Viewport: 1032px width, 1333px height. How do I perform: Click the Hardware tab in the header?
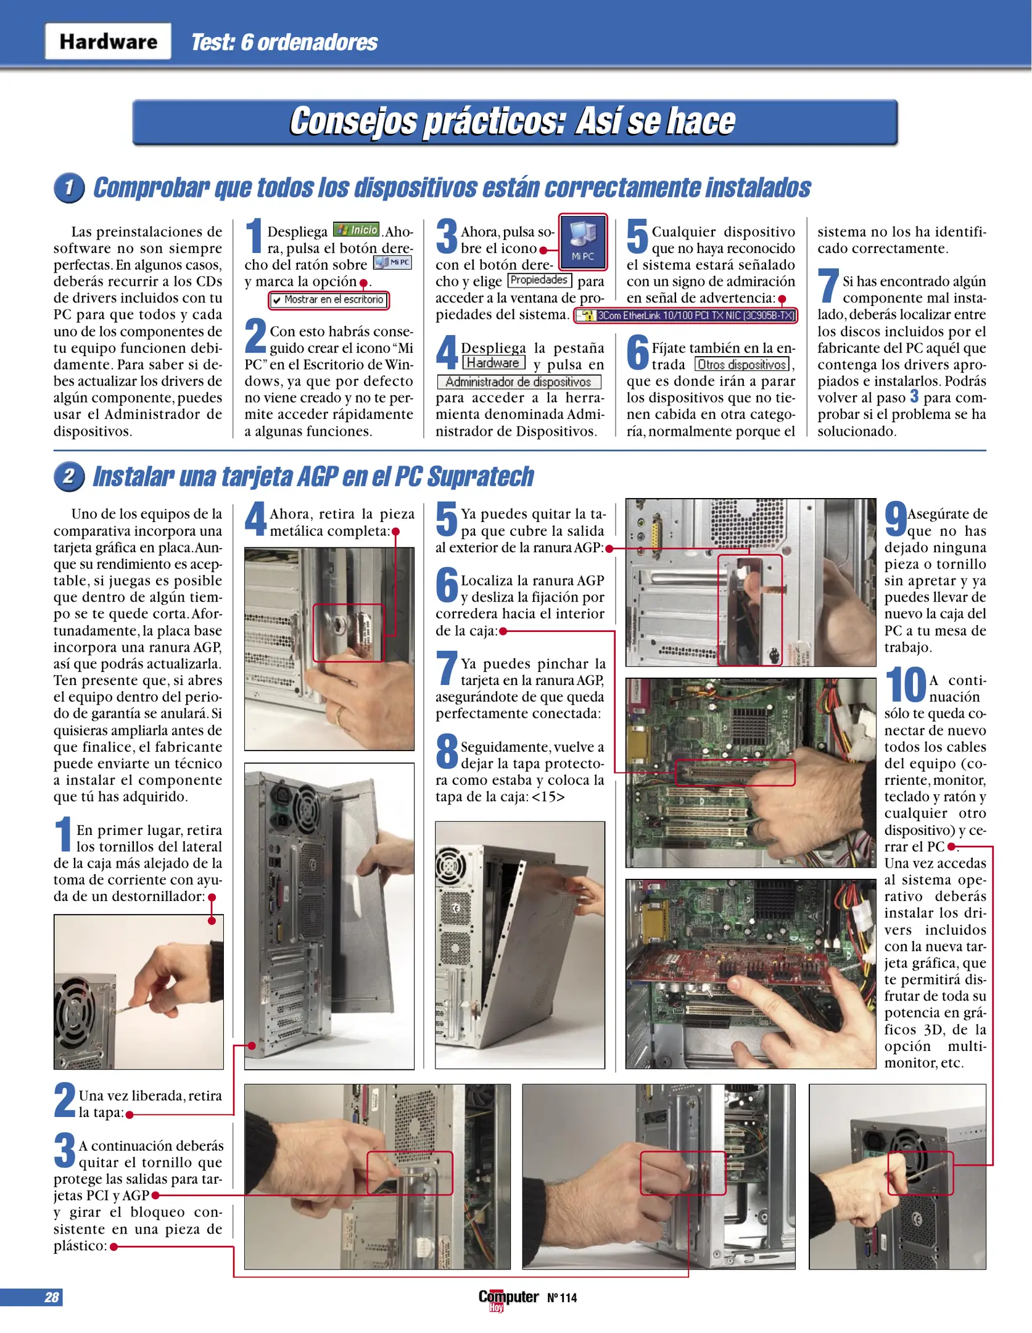pyautogui.click(x=108, y=41)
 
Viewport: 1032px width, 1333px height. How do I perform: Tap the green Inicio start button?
pyautogui.click(x=356, y=230)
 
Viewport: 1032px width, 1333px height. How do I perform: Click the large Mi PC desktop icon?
pyautogui.click(x=583, y=241)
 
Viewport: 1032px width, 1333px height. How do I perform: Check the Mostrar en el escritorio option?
pyautogui.click(x=329, y=300)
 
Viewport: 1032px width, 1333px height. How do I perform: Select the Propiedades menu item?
pyautogui.click(x=539, y=280)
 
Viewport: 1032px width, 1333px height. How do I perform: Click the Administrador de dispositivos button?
pyautogui.click(x=518, y=382)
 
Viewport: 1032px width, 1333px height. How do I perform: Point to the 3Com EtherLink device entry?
pyautogui.click(x=686, y=315)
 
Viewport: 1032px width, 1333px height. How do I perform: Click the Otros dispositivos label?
pyautogui.click(x=742, y=365)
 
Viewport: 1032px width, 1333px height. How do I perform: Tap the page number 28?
pyautogui.click(x=52, y=1297)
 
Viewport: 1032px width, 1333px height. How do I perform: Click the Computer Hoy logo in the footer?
pyautogui.click(x=508, y=1298)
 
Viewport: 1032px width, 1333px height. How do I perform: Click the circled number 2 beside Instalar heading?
pyautogui.click(x=69, y=476)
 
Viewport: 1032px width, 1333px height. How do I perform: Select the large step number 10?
pyautogui.click(x=905, y=685)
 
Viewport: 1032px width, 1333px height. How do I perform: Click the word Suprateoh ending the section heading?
pyautogui.click(x=481, y=476)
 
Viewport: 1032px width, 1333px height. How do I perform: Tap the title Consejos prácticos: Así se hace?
pyautogui.click(x=513, y=122)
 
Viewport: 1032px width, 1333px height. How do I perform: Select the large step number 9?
pyautogui.click(x=895, y=519)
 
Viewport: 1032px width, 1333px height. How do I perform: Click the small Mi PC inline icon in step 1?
pyautogui.click(x=392, y=263)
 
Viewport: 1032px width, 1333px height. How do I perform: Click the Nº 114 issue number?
pyautogui.click(x=561, y=1298)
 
